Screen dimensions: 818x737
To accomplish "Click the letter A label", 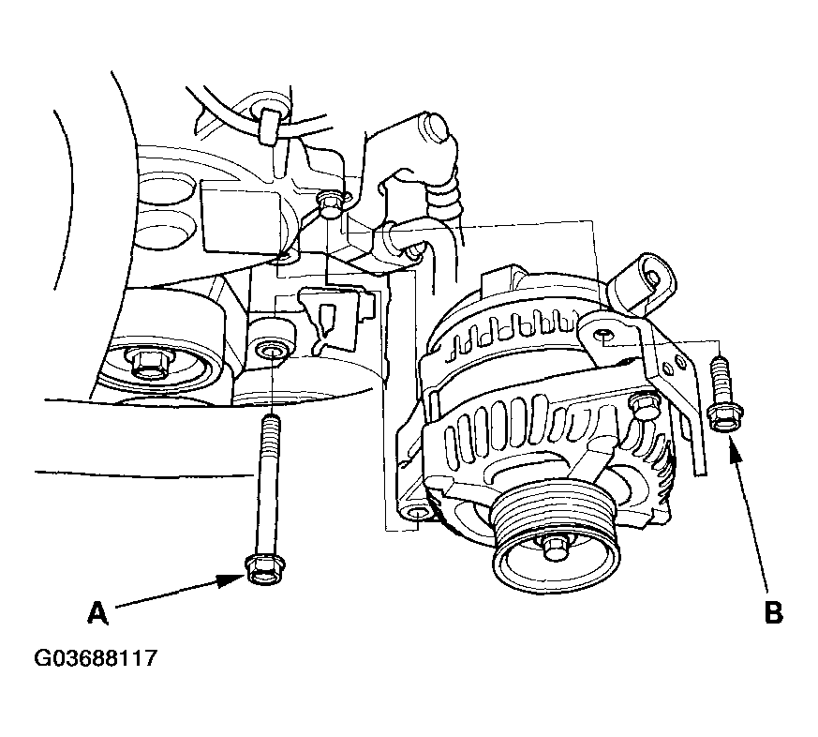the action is click(97, 613).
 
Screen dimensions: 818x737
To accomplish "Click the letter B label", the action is click(774, 613).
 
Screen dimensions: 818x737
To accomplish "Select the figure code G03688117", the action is click(96, 659).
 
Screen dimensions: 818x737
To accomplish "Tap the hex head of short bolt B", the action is click(724, 416).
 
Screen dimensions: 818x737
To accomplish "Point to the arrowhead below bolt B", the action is click(735, 448).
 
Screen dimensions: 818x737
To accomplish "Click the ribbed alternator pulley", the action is click(556, 540).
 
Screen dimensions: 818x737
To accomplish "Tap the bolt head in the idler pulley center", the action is click(148, 363).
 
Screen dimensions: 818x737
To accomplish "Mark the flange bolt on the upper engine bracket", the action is click(330, 204).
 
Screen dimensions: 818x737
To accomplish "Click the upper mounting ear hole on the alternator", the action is click(603, 333).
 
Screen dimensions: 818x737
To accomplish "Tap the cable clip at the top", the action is click(270, 125).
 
